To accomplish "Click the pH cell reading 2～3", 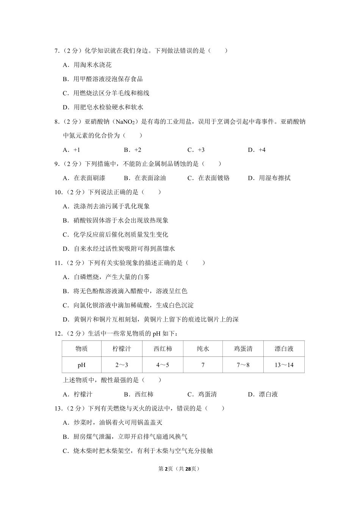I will [x=122, y=365].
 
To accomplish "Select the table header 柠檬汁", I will [x=122, y=349].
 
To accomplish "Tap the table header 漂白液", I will [x=284, y=349].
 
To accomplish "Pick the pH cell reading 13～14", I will [x=284, y=365].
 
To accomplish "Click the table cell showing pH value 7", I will [x=203, y=365].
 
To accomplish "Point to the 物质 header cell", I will [x=81, y=349].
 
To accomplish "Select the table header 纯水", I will [x=203, y=349].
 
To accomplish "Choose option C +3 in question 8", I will [x=196, y=150].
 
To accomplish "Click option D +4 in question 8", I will [x=257, y=150].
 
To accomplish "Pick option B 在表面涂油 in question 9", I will [x=145, y=178].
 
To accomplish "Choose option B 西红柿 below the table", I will [x=139, y=395].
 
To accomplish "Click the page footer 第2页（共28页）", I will [x=180, y=469].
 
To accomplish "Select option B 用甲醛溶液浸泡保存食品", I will [x=103, y=79].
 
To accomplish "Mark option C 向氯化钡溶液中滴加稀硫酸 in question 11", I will [x=128, y=305].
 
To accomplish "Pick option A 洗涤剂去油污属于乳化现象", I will [x=106, y=206].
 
